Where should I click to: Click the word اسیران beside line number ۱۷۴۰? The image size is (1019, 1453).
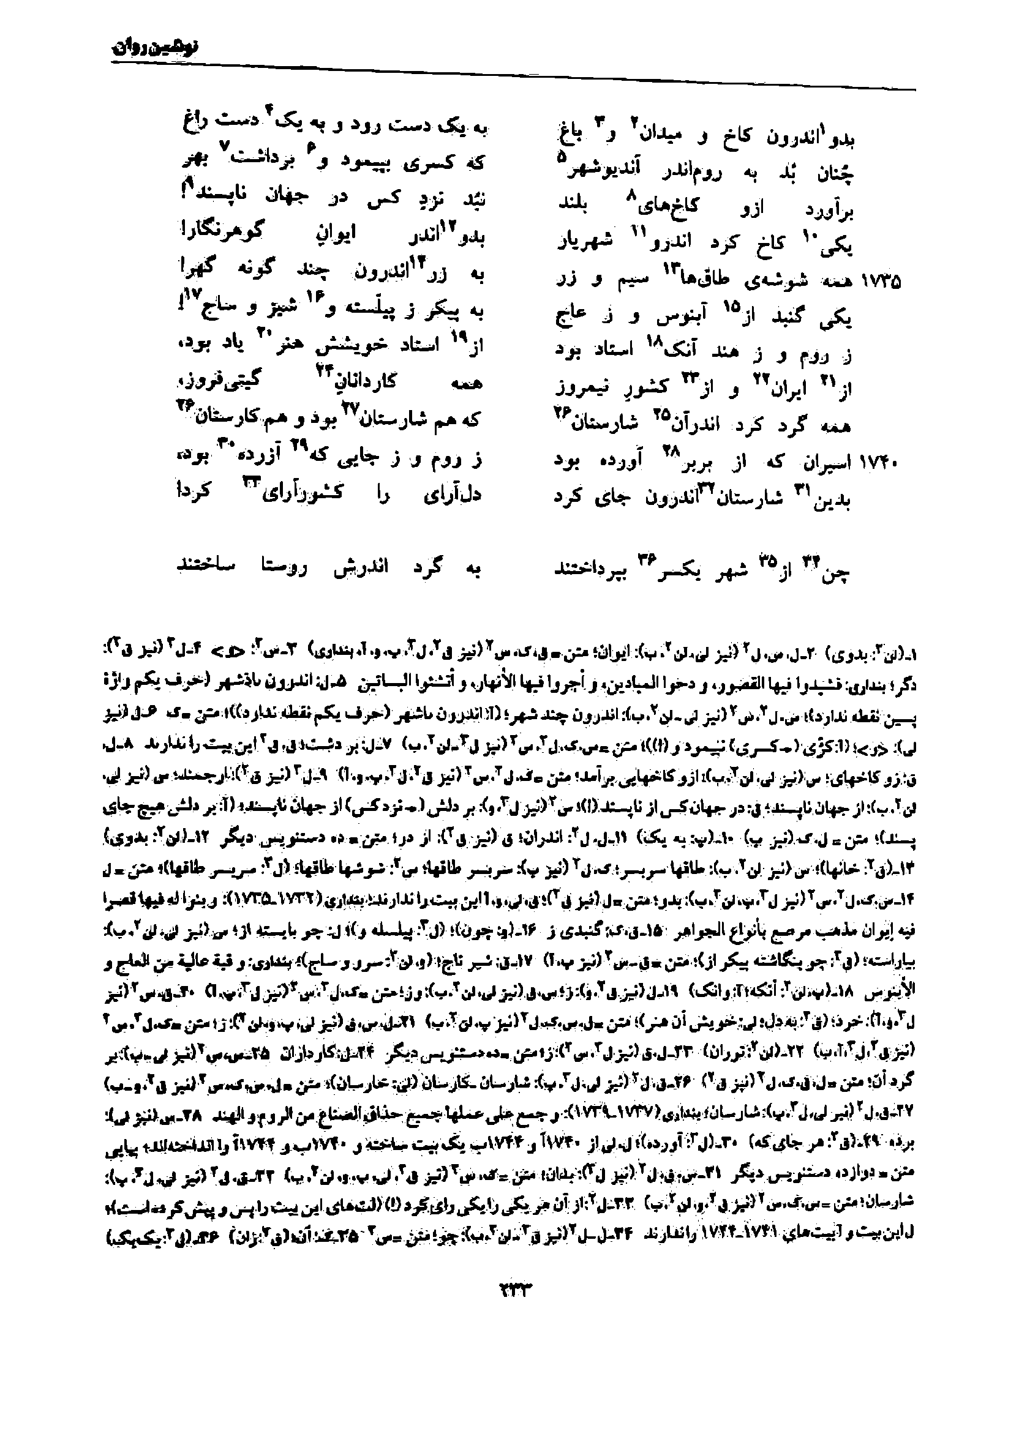823,463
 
